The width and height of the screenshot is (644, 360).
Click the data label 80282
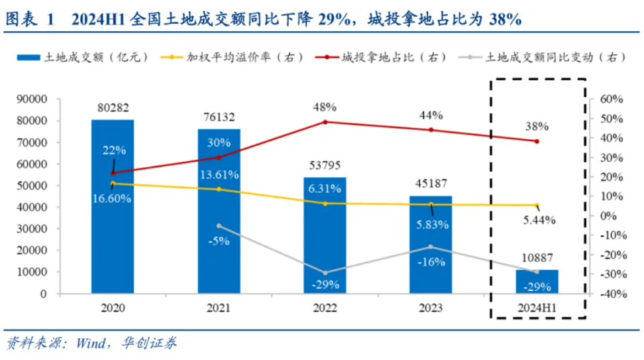pos(113,107)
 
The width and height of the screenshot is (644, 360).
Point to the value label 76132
pos(219,117)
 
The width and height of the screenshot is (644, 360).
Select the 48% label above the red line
pos(325,107)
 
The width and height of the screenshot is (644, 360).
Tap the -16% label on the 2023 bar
pos(431,262)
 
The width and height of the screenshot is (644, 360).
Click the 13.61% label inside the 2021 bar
pos(219,176)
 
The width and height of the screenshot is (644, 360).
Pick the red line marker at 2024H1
pos(537,141)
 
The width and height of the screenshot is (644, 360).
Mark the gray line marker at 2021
pos(219,226)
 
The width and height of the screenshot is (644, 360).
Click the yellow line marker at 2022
pos(325,203)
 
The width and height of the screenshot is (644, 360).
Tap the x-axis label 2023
pos(431,309)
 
